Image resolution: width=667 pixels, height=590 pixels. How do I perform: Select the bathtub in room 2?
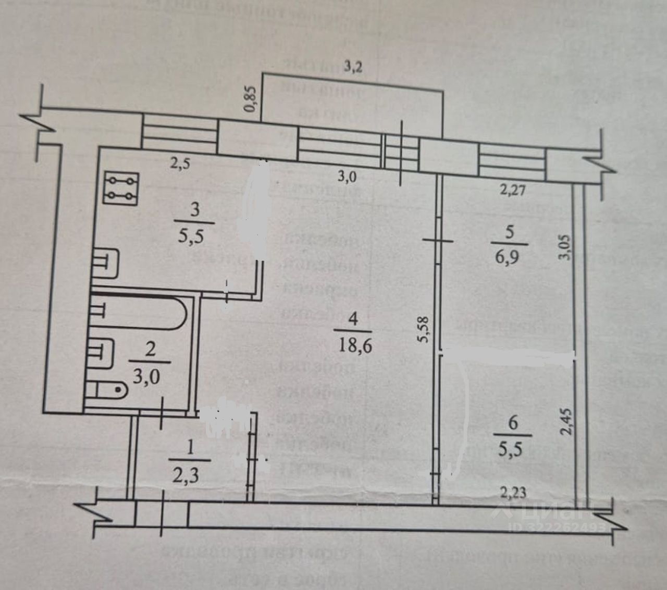tap(139, 312)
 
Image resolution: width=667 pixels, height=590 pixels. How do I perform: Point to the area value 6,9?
tap(507, 257)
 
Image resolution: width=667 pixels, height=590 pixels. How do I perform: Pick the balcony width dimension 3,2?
tap(353, 67)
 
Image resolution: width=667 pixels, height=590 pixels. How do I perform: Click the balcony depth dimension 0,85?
tap(251, 99)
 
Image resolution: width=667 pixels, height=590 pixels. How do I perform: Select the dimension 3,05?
tap(567, 247)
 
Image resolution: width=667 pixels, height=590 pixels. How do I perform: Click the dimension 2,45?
tap(566, 421)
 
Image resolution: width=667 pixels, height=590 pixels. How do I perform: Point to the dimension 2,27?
tap(512, 190)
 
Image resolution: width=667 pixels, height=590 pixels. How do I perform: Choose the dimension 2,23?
tap(513, 492)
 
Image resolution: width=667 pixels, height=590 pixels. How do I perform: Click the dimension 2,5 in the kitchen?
tap(180, 164)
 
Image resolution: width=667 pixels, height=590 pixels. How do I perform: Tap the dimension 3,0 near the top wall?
tap(347, 177)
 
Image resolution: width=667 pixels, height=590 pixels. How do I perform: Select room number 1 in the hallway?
tap(190, 446)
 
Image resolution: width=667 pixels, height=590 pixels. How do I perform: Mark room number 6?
tap(513, 422)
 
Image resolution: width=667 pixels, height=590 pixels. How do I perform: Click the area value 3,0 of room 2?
tap(146, 376)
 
